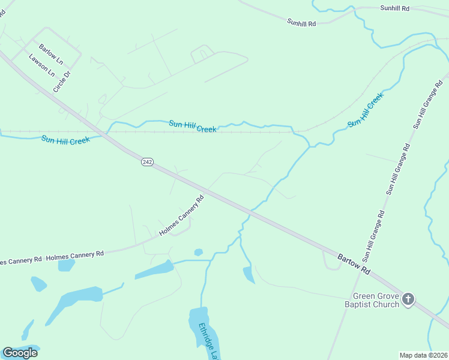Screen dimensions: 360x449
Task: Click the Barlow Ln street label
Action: point(51,53)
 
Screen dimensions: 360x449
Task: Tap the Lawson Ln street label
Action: point(41,65)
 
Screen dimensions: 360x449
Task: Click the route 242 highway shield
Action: point(147,162)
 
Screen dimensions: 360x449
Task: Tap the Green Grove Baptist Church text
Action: point(376,300)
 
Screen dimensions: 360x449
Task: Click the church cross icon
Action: point(408,299)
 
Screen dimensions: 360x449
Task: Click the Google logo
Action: point(20,353)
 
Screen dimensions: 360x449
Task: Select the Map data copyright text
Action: point(423,355)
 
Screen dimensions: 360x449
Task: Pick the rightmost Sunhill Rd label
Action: point(394,8)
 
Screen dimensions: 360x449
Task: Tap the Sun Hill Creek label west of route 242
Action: point(65,140)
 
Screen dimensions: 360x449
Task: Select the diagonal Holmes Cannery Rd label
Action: point(181,215)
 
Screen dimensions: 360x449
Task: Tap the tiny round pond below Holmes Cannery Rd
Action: point(199,253)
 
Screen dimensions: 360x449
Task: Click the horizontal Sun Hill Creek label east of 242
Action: point(192,126)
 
